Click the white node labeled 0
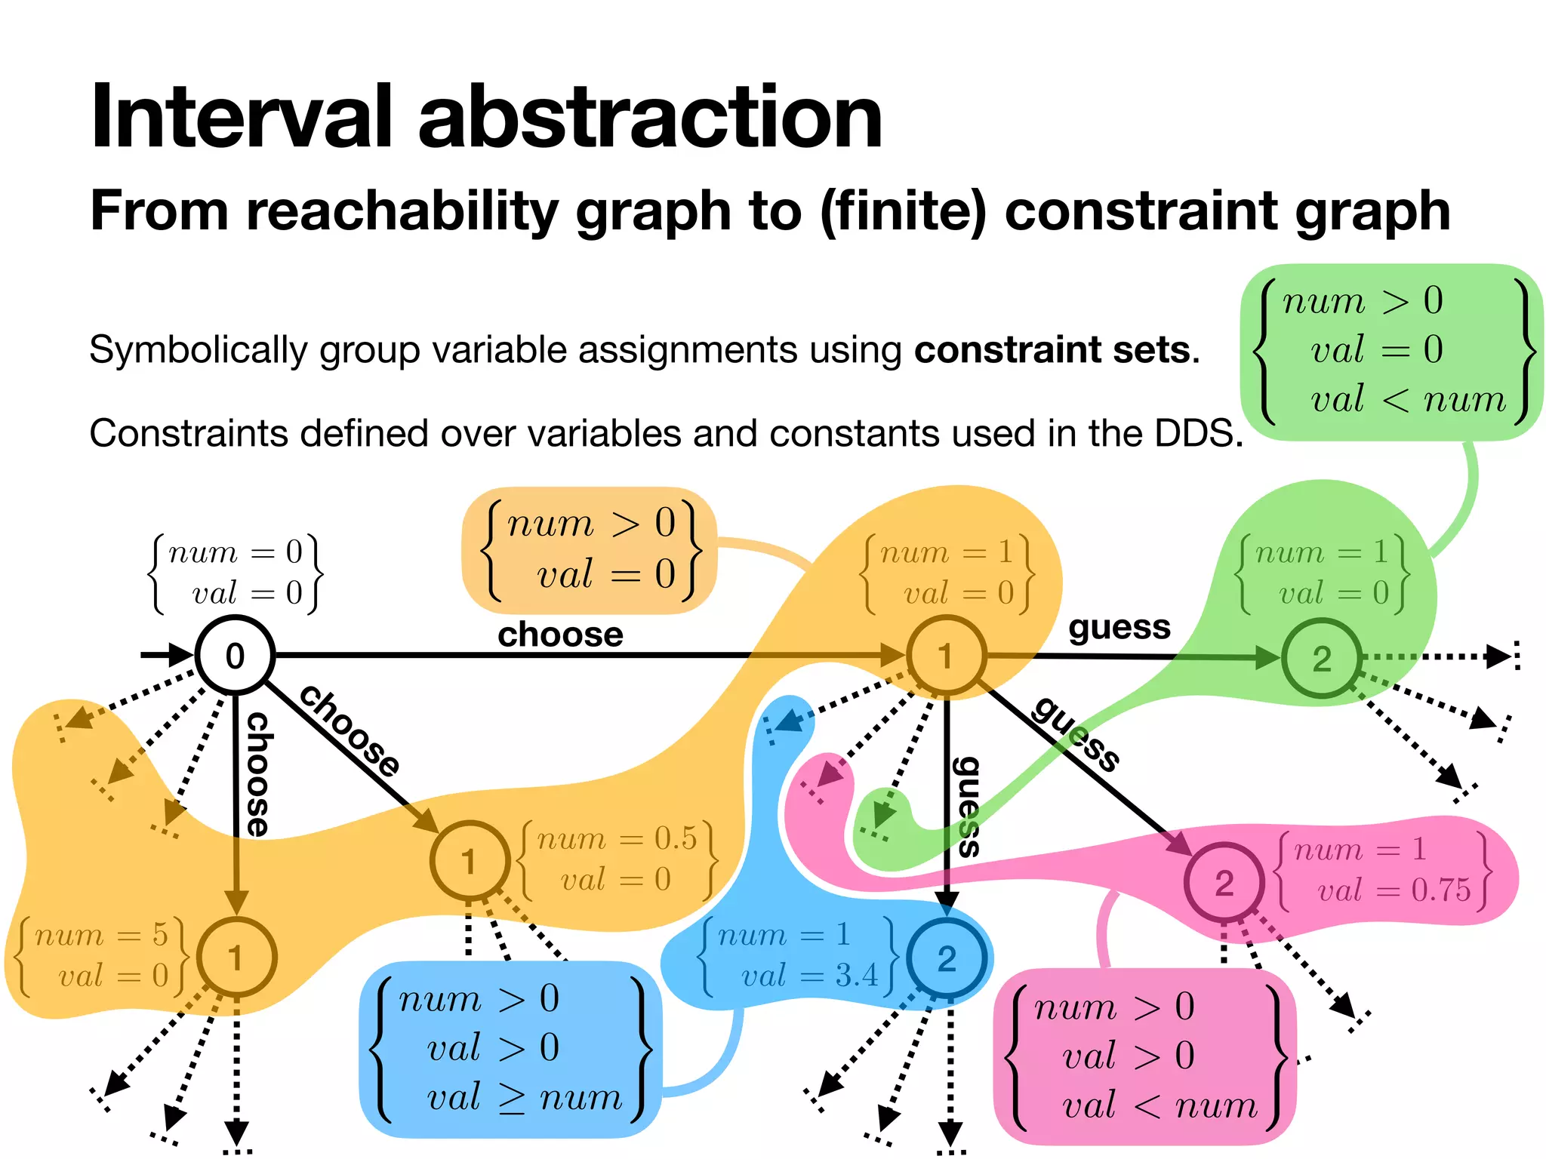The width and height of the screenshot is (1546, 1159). [235, 655]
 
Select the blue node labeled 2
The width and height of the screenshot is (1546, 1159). [947, 958]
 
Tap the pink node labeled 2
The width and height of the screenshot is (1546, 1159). [1224, 882]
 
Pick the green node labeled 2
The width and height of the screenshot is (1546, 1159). [1321, 658]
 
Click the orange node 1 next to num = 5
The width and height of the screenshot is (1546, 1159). [236, 958]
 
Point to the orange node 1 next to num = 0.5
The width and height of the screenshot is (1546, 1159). [469, 860]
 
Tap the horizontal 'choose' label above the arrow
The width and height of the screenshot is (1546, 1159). [560, 635]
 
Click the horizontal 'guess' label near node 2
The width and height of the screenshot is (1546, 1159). [1119, 627]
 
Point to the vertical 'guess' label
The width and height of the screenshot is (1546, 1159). [967, 806]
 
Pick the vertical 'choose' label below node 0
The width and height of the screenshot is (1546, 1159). [258, 773]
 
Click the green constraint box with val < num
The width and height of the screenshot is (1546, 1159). [1390, 351]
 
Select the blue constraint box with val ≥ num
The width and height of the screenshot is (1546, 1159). [510, 1049]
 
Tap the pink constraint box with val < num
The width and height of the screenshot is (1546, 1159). [1144, 1056]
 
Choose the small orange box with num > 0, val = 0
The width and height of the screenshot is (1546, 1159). [589, 549]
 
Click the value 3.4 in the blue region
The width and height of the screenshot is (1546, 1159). [857, 976]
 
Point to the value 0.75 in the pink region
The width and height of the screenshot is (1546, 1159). [1440, 890]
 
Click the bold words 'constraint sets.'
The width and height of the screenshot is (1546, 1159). [1056, 349]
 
